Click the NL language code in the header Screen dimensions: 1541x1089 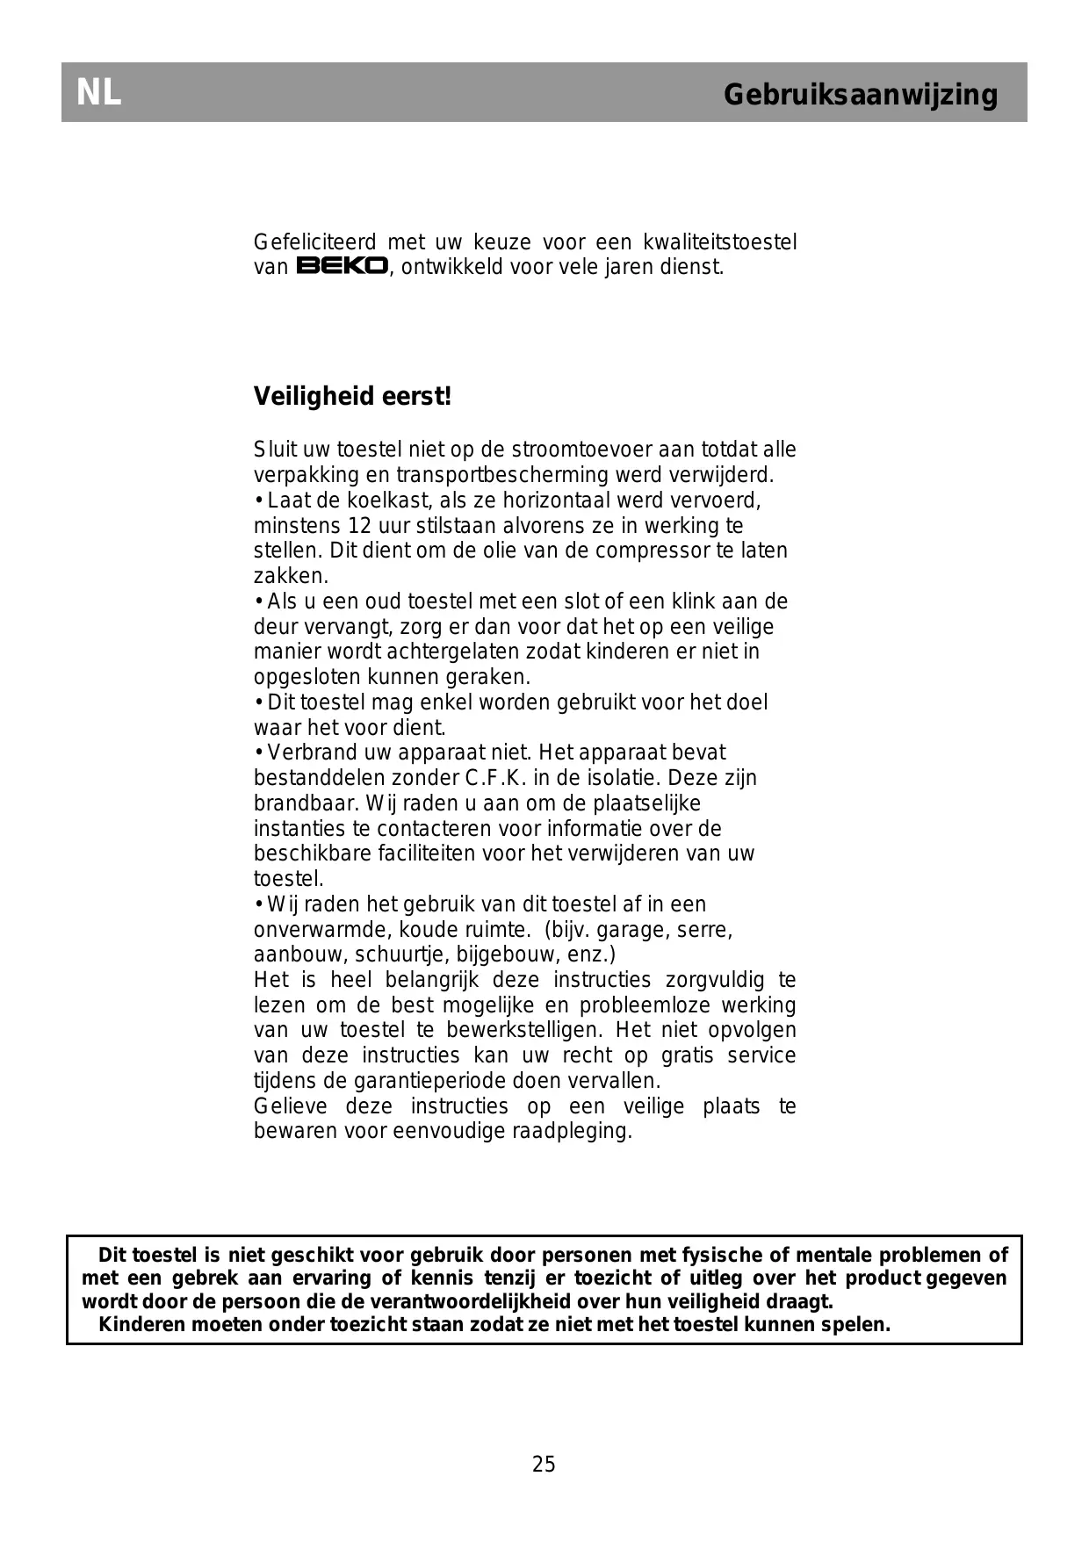(98, 92)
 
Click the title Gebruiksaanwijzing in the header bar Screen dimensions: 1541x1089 (860, 94)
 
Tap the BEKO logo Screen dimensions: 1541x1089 (342, 266)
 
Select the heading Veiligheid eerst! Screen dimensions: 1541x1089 (352, 397)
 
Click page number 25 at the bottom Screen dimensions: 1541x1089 (544, 1464)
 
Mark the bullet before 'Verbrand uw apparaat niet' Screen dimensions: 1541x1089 (259, 753)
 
